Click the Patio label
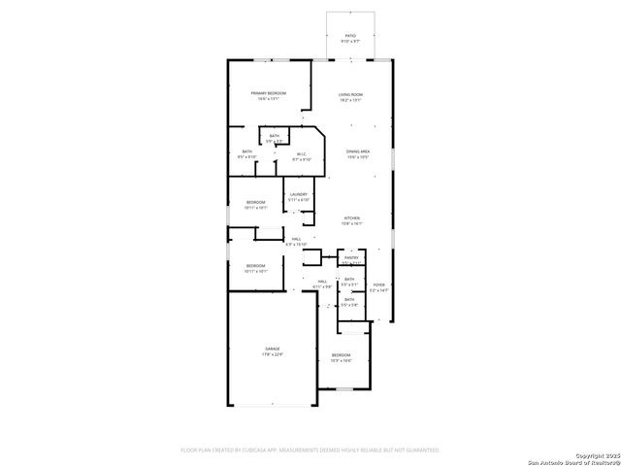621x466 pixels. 350,35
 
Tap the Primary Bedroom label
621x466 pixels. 269,92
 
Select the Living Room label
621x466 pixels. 350,93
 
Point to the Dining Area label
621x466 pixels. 358,151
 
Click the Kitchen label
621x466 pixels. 351,218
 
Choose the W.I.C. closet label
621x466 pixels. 301,152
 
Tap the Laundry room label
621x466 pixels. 298,194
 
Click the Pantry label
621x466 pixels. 350,257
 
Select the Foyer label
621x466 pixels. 379,284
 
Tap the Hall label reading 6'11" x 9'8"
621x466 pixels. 322,282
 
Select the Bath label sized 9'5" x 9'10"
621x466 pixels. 247,151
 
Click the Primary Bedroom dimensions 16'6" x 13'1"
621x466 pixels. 269,99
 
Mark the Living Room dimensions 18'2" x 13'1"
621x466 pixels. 350,100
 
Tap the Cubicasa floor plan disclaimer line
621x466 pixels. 310,449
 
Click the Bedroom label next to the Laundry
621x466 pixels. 255,201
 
